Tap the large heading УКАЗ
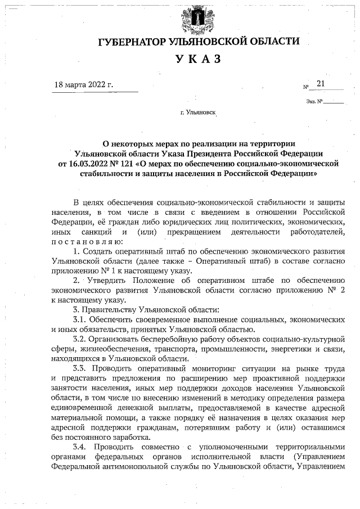pos(199,60)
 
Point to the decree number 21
pos(321,83)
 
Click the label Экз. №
pos(314,102)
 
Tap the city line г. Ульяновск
pos(199,112)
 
